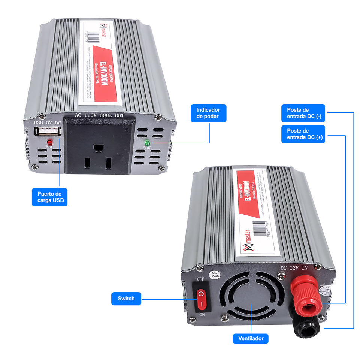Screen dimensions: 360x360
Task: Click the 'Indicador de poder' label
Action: point(208,113)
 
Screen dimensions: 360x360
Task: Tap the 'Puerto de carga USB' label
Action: point(49,197)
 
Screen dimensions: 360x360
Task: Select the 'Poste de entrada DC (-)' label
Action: point(303,113)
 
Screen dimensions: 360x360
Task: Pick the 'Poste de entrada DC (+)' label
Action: point(303,134)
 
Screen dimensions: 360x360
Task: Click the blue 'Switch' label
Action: point(126,299)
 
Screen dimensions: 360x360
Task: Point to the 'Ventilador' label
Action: point(251,339)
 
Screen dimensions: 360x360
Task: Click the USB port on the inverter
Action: point(48,132)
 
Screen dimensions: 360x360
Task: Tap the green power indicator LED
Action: point(147,143)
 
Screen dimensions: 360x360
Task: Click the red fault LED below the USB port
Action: point(49,142)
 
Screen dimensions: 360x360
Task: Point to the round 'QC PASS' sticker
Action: point(214,275)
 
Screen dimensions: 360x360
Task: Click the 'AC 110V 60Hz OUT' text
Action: point(99,115)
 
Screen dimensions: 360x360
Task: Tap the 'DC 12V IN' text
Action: point(294,268)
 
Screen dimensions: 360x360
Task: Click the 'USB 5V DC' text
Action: point(48,122)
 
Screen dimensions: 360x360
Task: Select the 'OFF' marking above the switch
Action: point(200,279)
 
